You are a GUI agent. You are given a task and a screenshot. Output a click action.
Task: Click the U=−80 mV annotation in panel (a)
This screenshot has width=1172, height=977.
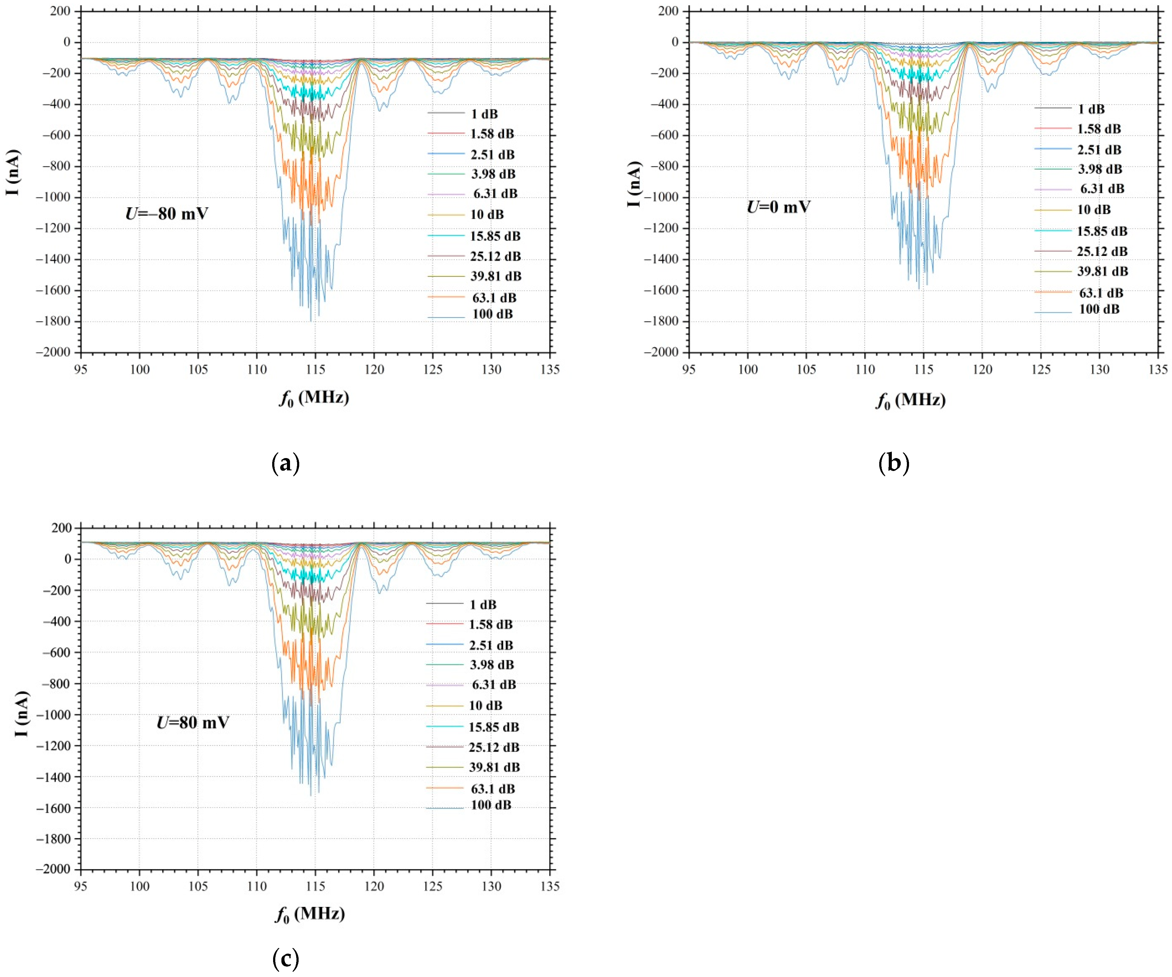click(x=166, y=213)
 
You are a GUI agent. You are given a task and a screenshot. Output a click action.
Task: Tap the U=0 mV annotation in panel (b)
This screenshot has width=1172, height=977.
click(x=778, y=207)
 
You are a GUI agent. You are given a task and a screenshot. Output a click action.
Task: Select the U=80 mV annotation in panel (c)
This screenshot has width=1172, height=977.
click(x=193, y=722)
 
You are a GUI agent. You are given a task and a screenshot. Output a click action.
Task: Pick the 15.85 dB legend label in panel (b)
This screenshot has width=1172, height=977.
click(x=1102, y=231)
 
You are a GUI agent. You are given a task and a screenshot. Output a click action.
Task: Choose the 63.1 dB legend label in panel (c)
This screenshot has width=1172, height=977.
click(x=493, y=789)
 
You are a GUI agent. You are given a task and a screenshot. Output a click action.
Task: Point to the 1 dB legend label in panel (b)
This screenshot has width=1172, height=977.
click(x=1091, y=109)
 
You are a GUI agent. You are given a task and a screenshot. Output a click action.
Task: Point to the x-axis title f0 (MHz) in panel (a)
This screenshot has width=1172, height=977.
click(x=314, y=398)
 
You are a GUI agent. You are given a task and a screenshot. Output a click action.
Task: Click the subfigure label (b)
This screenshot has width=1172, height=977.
click(x=893, y=463)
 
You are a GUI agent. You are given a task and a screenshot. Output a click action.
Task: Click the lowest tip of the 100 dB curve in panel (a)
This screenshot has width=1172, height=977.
click(x=311, y=320)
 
